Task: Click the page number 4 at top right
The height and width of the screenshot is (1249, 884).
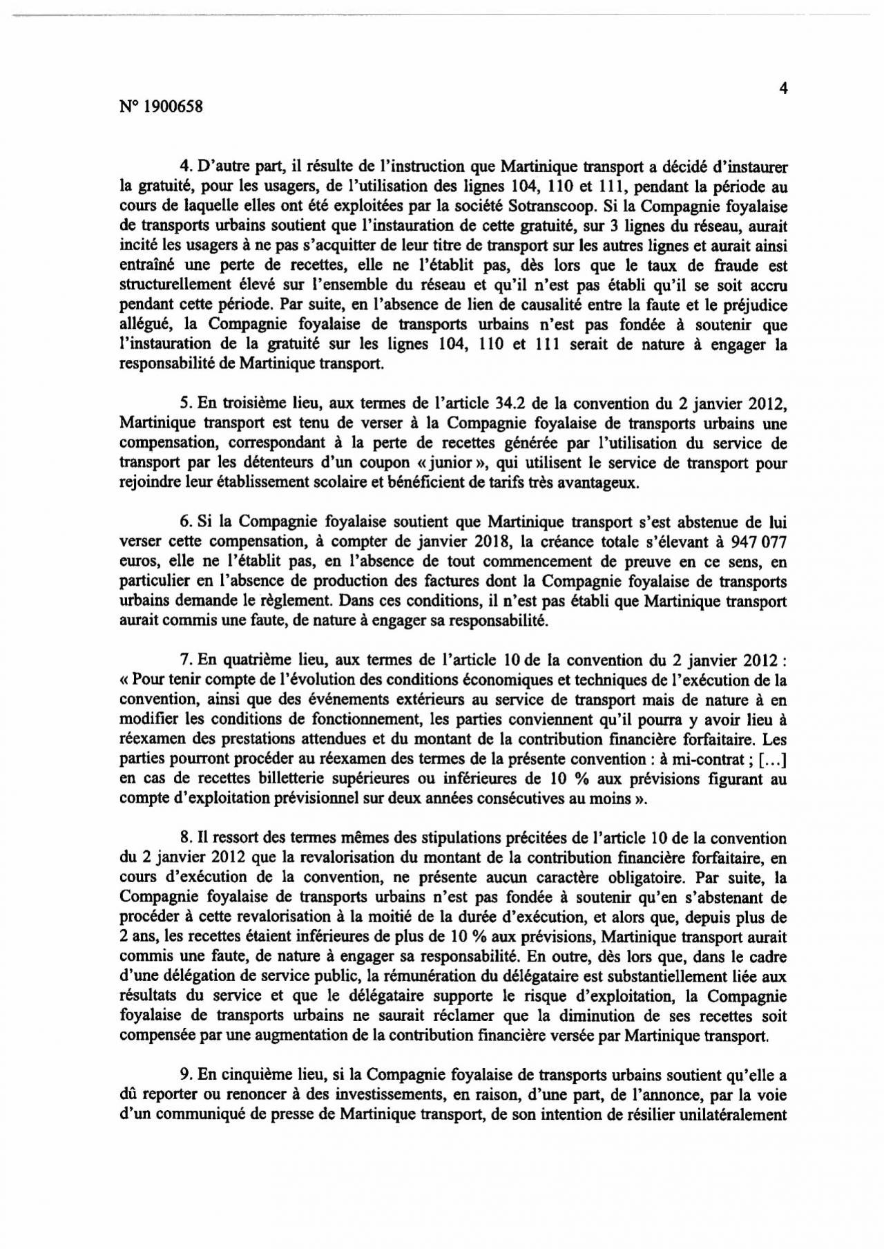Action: point(783,88)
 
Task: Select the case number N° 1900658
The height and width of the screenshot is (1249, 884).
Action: point(161,107)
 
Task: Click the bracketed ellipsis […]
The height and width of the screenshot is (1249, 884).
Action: point(771,759)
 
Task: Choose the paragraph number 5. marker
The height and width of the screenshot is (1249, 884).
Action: point(184,403)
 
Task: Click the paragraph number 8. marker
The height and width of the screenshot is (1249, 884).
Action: point(184,839)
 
